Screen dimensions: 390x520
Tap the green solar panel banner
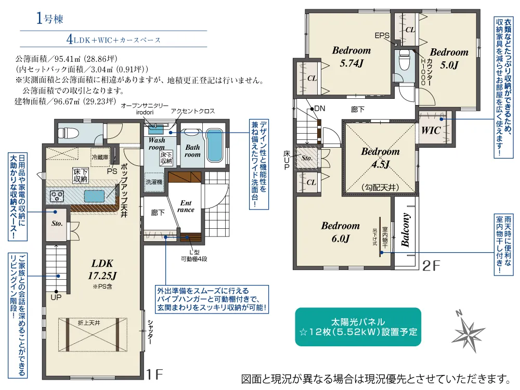point(358,327)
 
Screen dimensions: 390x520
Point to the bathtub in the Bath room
point(214,146)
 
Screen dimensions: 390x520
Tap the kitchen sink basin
point(94,196)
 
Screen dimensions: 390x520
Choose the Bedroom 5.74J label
point(352,57)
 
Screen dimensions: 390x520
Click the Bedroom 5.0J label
point(449,58)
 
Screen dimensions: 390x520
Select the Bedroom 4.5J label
point(380,158)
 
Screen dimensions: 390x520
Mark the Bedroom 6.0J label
point(340,232)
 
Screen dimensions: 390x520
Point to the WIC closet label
point(431,131)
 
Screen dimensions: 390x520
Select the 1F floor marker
point(154,373)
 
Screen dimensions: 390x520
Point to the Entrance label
point(186,206)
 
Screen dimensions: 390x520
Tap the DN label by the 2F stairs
point(319,109)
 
